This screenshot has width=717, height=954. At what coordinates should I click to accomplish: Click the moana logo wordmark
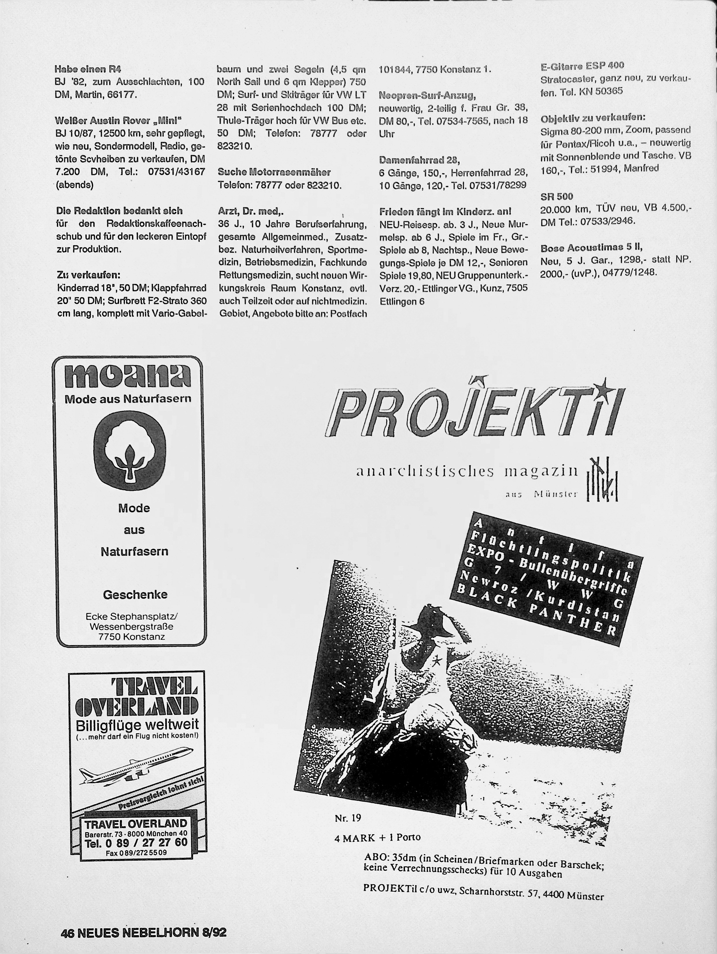point(127,377)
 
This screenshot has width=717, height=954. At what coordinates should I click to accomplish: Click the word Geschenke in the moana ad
point(135,594)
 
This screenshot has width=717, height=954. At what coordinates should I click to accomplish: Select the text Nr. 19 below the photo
point(347,818)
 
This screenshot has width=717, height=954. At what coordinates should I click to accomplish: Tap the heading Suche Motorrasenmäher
point(274,172)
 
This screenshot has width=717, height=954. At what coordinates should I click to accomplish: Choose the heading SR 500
point(557,197)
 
